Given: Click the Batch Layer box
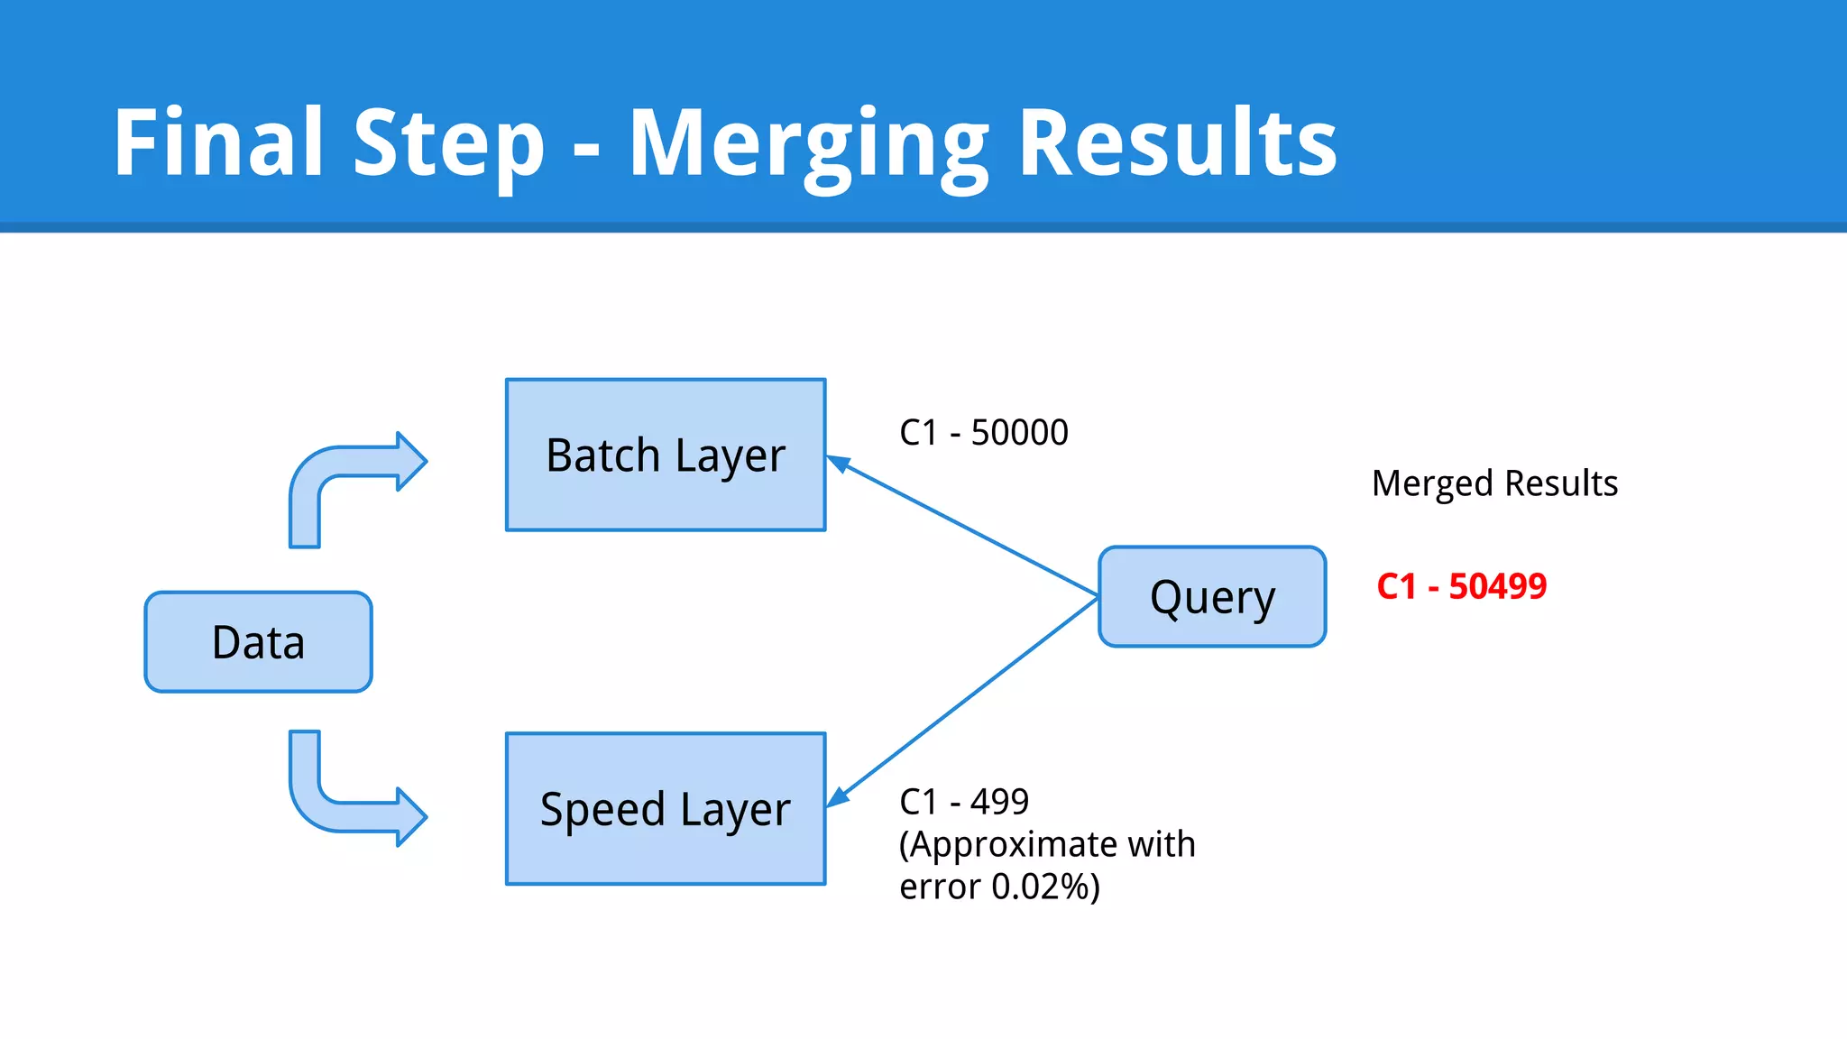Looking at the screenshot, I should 666,455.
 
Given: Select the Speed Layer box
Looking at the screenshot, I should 666,809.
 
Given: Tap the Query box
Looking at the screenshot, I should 1212,596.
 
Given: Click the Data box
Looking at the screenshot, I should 258,642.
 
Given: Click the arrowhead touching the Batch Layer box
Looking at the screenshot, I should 838,463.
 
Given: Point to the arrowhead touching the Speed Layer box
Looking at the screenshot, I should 838,797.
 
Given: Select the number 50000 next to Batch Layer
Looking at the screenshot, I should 1019,433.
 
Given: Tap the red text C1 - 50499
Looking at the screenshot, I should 1461,586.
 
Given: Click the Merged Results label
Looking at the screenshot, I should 1494,483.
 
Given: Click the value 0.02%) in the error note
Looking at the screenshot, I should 1045,887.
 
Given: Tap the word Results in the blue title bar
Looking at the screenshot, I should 1177,143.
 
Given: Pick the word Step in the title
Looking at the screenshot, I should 449,144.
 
